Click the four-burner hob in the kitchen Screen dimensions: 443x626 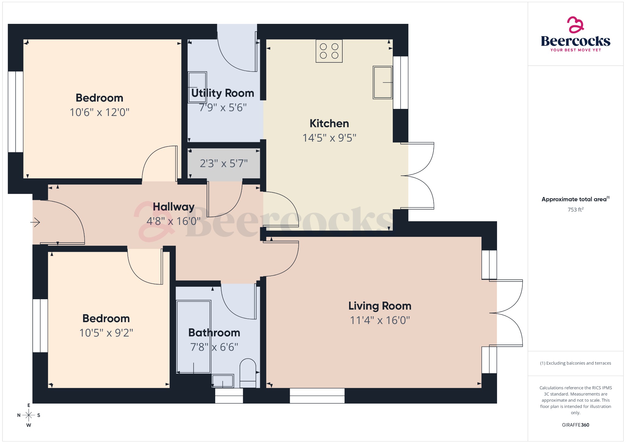pos(329,51)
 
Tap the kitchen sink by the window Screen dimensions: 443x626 pos(382,82)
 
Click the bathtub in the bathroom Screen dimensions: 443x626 pos(193,337)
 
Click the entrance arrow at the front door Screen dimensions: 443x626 pos(35,222)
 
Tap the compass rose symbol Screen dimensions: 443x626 pos(29,415)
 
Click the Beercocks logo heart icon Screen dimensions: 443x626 pos(575,25)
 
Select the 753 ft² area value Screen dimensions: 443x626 pos(575,210)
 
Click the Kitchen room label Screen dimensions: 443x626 pos(329,123)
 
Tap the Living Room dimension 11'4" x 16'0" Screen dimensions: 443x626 pos(380,320)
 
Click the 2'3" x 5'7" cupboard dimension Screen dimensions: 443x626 pos(223,163)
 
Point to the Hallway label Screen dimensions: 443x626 pos(173,207)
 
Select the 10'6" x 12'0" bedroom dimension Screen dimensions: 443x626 pos(99,112)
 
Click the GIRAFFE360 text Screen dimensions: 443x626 pos(575,425)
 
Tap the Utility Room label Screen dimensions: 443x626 pos(223,93)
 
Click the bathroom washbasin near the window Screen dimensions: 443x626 pos(223,381)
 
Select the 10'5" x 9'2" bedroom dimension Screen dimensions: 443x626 pos(106,333)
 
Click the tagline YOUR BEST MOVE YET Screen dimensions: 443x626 pos(575,50)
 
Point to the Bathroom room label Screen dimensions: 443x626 pos(214,333)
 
